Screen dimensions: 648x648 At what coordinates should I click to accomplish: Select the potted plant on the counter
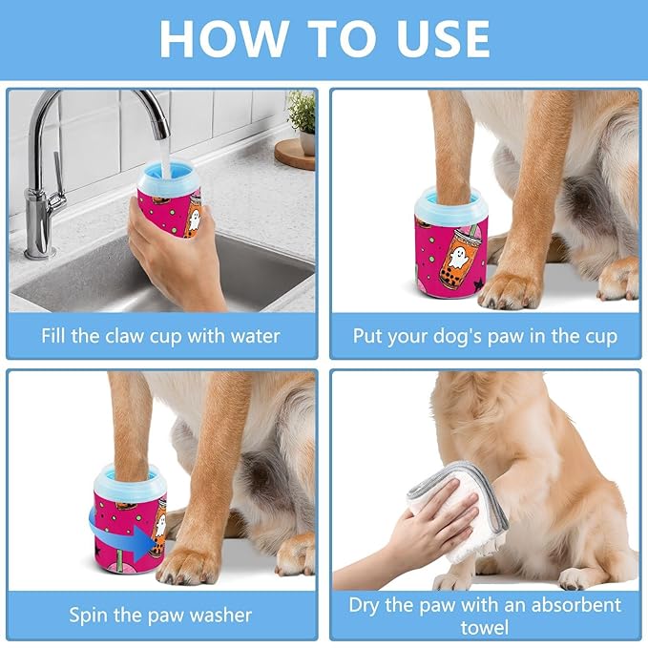click(301, 119)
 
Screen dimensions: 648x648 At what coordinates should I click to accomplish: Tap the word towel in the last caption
click(484, 627)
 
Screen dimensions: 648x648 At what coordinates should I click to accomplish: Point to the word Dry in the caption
click(366, 605)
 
